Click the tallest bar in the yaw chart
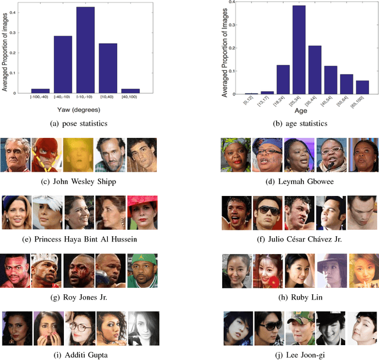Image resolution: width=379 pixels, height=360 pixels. pos(85,50)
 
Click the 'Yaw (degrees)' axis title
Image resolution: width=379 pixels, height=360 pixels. pos(75,108)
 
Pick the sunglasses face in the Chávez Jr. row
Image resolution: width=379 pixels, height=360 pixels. pos(268,211)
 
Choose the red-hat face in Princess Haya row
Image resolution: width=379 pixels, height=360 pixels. pos(142,211)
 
